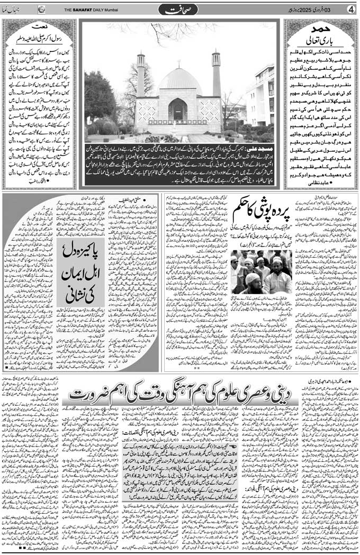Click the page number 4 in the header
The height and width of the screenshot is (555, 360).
350,9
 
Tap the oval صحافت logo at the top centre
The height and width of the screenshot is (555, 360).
180,9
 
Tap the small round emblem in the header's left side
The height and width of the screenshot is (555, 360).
42,9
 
